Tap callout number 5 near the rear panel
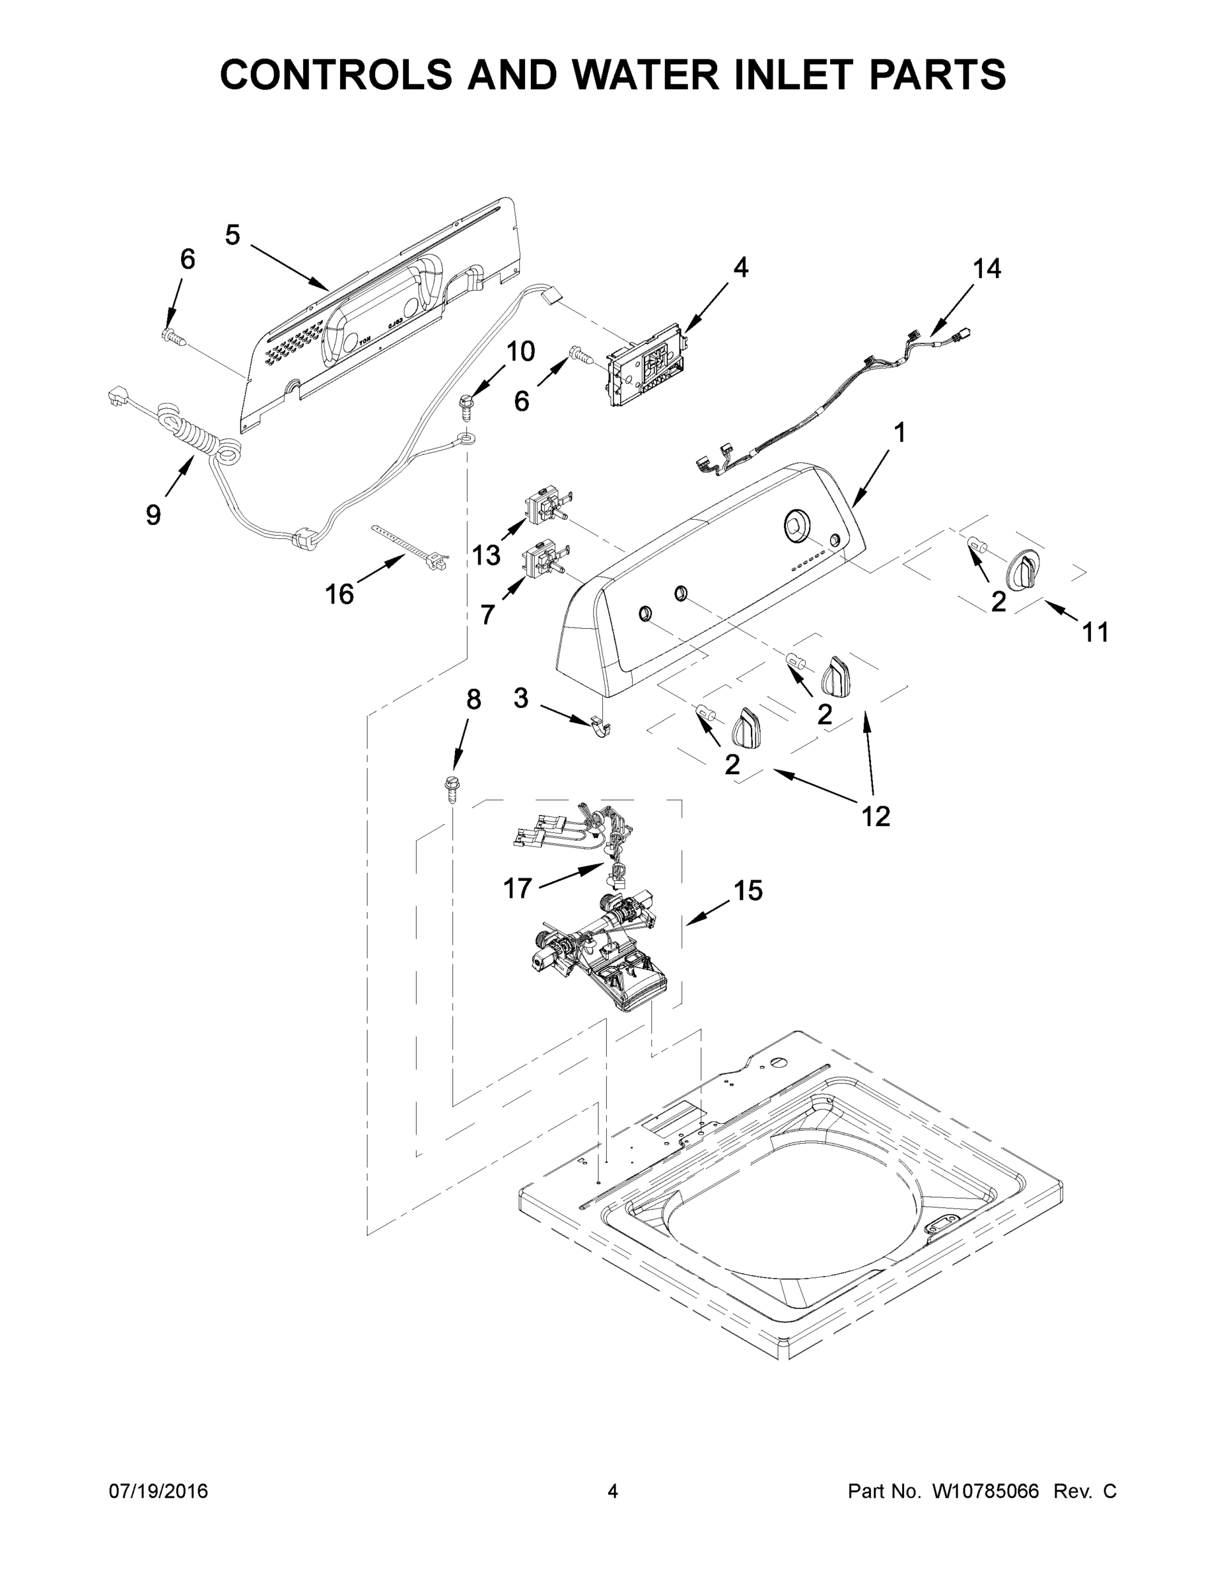tap(232, 235)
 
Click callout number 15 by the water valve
tap(748, 890)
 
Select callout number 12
tap(875, 816)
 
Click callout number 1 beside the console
tap(899, 433)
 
